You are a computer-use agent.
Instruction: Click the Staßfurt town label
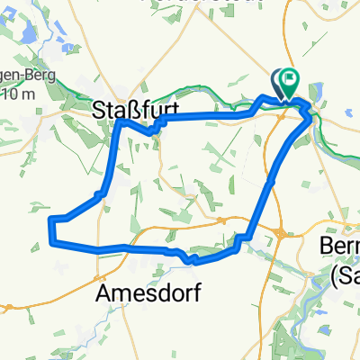pos(134,109)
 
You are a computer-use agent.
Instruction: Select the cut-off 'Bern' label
pos(340,246)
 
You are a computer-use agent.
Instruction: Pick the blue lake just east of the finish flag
pos(318,91)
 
